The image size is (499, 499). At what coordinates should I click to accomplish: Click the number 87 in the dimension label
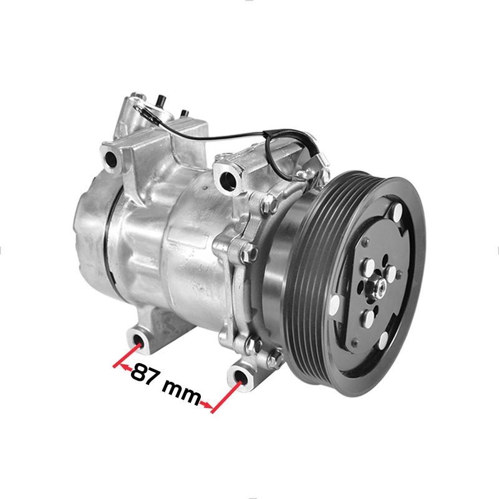pos(144,374)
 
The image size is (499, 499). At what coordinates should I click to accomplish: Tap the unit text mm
pos(181,392)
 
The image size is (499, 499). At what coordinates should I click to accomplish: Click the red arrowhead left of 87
pos(125,367)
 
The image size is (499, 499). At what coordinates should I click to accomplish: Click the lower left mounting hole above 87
pos(138,341)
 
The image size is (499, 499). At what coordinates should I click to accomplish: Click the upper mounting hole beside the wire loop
pos(228,178)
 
